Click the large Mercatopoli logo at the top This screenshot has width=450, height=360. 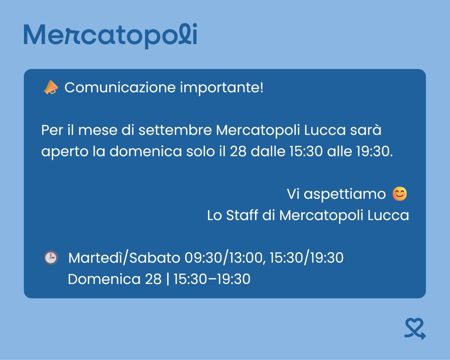(110, 36)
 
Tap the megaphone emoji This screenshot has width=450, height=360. (51, 87)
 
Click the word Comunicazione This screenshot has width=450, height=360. (120, 87)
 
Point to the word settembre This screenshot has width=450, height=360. (175, 130)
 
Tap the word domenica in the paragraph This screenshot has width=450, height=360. (146, 151)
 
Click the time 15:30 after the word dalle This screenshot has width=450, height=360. (306, 151)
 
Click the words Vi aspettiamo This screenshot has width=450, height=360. (336, 194)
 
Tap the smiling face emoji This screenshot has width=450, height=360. (400, 194)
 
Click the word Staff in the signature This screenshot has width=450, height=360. (242, 215)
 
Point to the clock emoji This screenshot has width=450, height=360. (51, 258)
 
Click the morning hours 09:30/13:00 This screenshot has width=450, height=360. (223, 258)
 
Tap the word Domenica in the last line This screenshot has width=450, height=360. (104, 279)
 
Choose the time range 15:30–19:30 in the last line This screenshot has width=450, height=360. (212, 279)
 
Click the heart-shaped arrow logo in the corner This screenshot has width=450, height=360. (415, 328)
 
